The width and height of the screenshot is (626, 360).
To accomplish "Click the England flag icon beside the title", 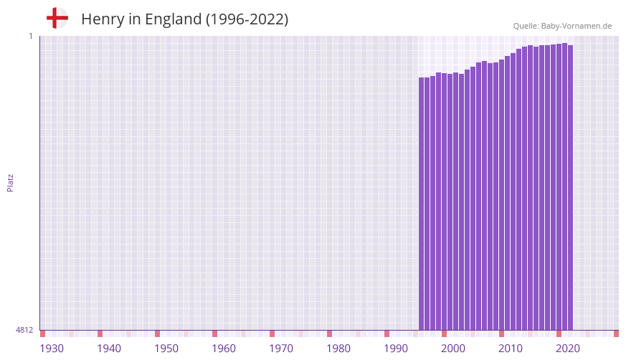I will (x=57, y=18).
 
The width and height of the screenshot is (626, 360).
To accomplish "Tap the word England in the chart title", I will (x=173, y=19).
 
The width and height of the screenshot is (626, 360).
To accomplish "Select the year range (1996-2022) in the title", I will (x=247, y=19).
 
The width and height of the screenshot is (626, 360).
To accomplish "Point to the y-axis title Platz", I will (x=10, y=182).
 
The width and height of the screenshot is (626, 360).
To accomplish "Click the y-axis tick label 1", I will (x=30, y=36).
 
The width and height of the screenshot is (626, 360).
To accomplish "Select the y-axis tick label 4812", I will (x=24, y=330).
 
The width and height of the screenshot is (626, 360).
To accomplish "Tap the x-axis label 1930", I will (x=52, y=349).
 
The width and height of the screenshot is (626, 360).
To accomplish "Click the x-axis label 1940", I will (x=109, y=349).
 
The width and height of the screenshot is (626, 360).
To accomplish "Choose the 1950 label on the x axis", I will (x=166, y=349).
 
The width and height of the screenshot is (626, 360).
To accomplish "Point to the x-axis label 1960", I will (x=224, y=349).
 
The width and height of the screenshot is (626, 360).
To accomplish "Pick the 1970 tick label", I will (x=281, y=349).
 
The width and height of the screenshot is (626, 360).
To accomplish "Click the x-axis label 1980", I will (x=338, y=349).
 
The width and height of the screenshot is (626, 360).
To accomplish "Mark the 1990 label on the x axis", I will (x=396, y=349).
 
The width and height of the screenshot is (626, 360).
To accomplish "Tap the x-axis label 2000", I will (x=453, y=349).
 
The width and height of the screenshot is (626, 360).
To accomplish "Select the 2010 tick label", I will (x=511, y=349).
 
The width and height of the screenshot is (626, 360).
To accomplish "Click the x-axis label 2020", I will (x=568, y=349).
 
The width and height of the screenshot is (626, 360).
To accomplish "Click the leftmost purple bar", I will (x=422, y=204).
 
